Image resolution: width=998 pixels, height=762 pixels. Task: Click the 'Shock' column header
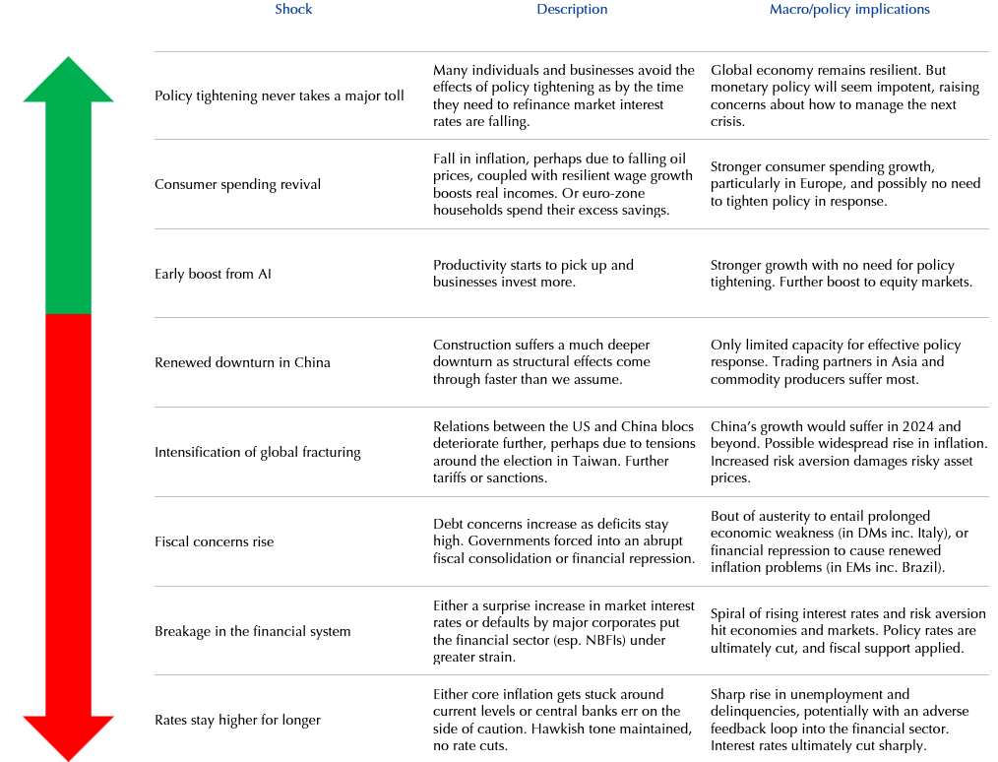tap(293, 9)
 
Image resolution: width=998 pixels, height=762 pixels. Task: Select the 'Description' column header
tap(572, 9)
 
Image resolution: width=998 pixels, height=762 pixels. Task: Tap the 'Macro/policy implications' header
tap(849, 9)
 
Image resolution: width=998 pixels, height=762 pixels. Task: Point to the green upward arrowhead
tap(68, 80)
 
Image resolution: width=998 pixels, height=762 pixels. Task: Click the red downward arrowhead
tap(68, 737)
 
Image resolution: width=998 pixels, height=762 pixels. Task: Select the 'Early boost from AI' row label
tap(213, 274)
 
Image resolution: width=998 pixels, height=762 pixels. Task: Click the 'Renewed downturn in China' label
tap(242, 362)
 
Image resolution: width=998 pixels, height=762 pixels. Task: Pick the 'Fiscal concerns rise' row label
tap(214, 541)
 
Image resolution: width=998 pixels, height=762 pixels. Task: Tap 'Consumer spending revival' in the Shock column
tap(237, 184)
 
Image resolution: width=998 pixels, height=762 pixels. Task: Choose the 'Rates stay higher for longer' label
tap(237, 720)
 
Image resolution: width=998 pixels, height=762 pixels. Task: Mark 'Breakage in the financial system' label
tap(252, 631)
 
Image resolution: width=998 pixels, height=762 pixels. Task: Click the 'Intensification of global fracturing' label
tap(257, 452)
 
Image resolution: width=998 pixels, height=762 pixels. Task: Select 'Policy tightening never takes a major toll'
tap(279, 95)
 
